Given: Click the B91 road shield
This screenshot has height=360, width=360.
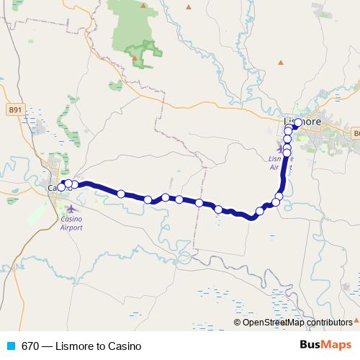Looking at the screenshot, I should (x=14, y=110).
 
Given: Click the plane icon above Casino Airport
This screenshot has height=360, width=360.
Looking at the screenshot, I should (x=71, y=209).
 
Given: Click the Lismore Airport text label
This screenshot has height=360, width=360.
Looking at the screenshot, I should (x=279, y=162).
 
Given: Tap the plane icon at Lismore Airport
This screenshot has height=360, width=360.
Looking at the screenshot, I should (x=280, y=148).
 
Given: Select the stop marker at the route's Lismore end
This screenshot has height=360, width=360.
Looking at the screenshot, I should (x=297, y=122).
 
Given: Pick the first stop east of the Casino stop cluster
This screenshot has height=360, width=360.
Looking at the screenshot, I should (x=121, y=193).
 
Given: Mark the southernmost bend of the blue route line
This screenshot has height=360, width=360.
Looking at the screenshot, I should (x=252, y=217).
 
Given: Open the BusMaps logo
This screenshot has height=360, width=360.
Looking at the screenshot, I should (x=325, y=345).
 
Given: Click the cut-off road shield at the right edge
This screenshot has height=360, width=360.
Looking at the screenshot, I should (x=356, y=132).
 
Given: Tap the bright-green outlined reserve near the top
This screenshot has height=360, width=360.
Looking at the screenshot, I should (x=142, y=53).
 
